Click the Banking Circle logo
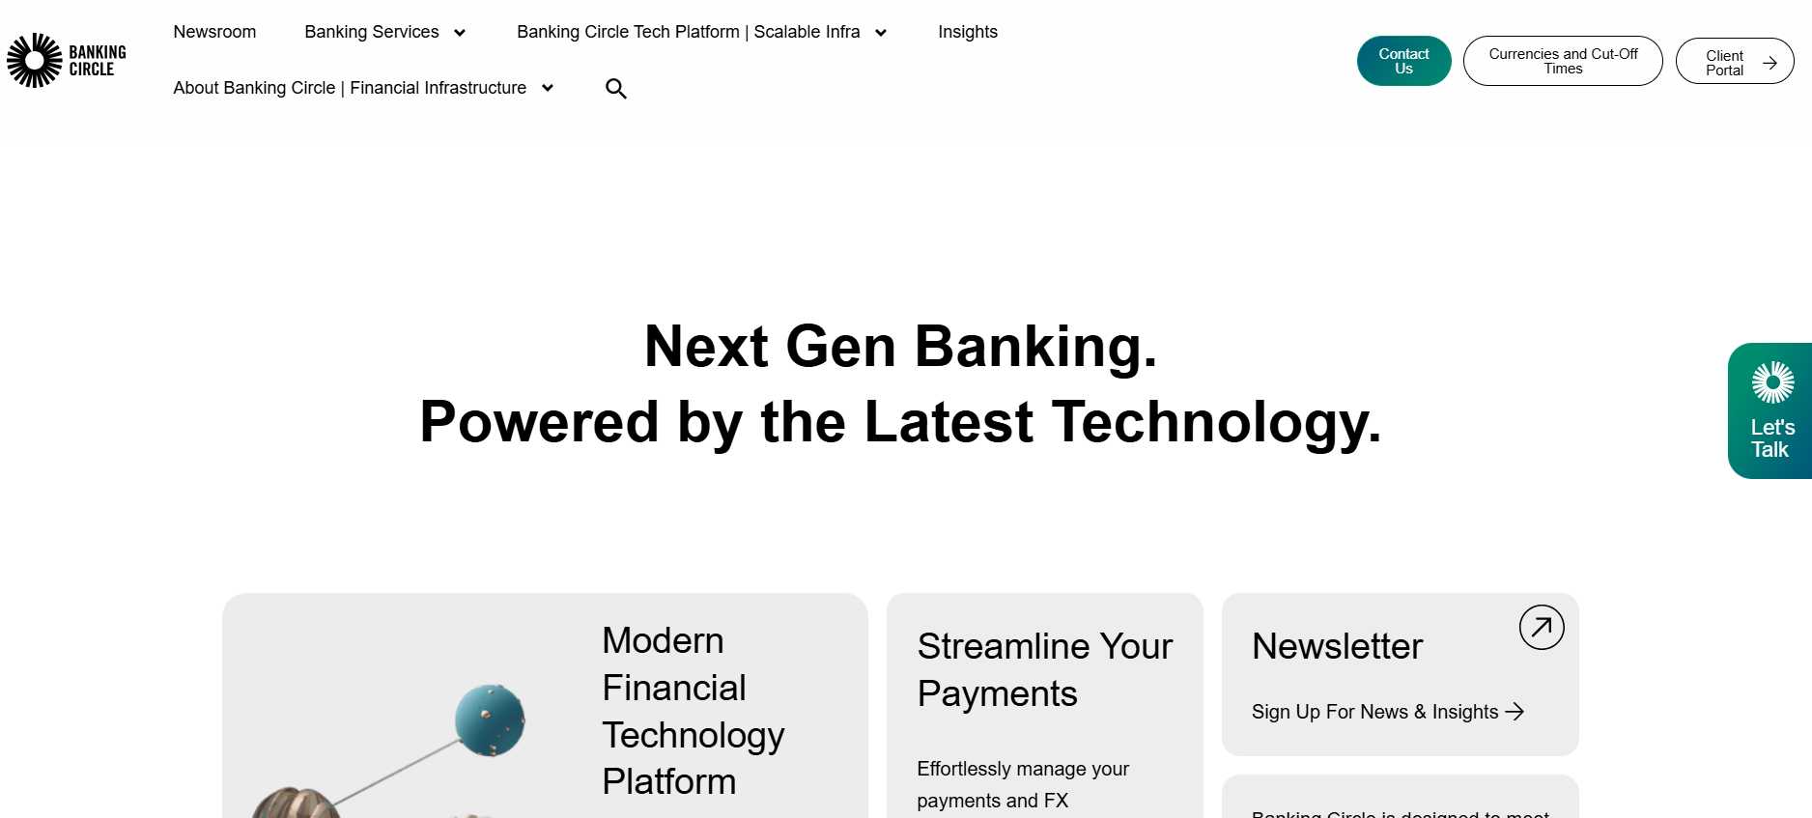pos(66,60)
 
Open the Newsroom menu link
pos(214,32)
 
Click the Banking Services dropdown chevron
pos(460,33)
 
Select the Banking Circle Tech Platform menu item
pos(688,32)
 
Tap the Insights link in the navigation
pos(967,32)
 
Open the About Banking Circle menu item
pos(350,88)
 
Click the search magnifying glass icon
pos(615,89)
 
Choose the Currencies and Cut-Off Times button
pos(1562,61)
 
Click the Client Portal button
pos(1724,62)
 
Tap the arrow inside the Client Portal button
pos(1770,63)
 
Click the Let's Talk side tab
pos(1770,411)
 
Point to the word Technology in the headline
pos(1216,422)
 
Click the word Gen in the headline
pos(840,347)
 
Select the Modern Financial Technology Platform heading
pos(693,711)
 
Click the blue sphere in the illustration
pos(490,719)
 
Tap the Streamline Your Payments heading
pos(1044,669)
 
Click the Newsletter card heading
pos(1337,646)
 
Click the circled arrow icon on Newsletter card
pos(1541,628)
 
